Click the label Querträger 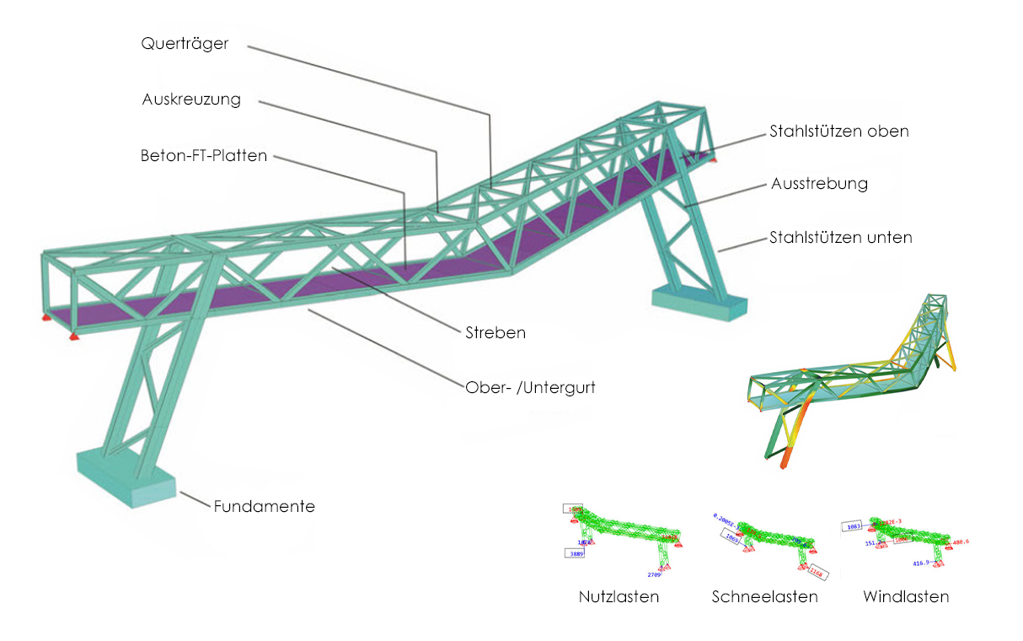pyautogui.click(x=185, y=44)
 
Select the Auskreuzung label pyautogui.click(x=191, y=100)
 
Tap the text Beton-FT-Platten pyautogui.click(x=204, y=156)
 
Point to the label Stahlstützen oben pyautogui.click(x=838, y=132)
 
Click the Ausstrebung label pyautogui.click(x=818, y=183)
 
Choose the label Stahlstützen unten pyautogui.click(x=840, y=238)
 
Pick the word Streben pyautogui.click(x=495, y=332)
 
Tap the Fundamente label pyautogui.click(x=264, y=507)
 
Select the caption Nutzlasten pyautogui.click(x=619, y=597)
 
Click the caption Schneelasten pyautogui.click(x=764, y=597)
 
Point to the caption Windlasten pyautogui.click(x=906, y=597)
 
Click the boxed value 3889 pyautogui.click(x=577, y=553)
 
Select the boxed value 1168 pyautogui.click(x=817, y=573)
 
